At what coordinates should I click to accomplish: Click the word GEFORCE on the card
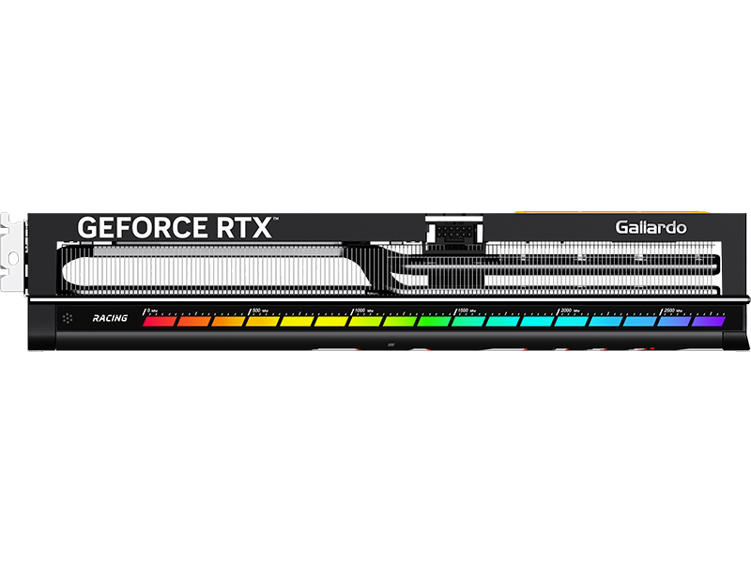coord(142,228)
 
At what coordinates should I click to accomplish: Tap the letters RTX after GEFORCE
coord(242,228)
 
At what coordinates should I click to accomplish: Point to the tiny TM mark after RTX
coord(275,220)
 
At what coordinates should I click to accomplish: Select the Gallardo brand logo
coord(651,227)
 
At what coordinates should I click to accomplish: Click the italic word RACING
coord(110,319)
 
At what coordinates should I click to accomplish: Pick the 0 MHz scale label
coord(151,309)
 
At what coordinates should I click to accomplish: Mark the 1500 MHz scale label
coord(467,309)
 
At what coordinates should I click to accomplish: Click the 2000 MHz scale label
coord(570,309)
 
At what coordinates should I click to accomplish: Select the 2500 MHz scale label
coord(673,309)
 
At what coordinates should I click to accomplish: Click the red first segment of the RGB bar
coord(159,322)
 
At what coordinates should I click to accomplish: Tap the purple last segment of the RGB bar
coord(710,321)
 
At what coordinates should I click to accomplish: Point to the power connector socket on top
coord(453,229)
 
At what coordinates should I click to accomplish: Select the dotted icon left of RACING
coord(69,319)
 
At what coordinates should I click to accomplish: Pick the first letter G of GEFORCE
coord(86,228)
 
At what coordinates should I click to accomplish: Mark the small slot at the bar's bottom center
coord(390,346)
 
